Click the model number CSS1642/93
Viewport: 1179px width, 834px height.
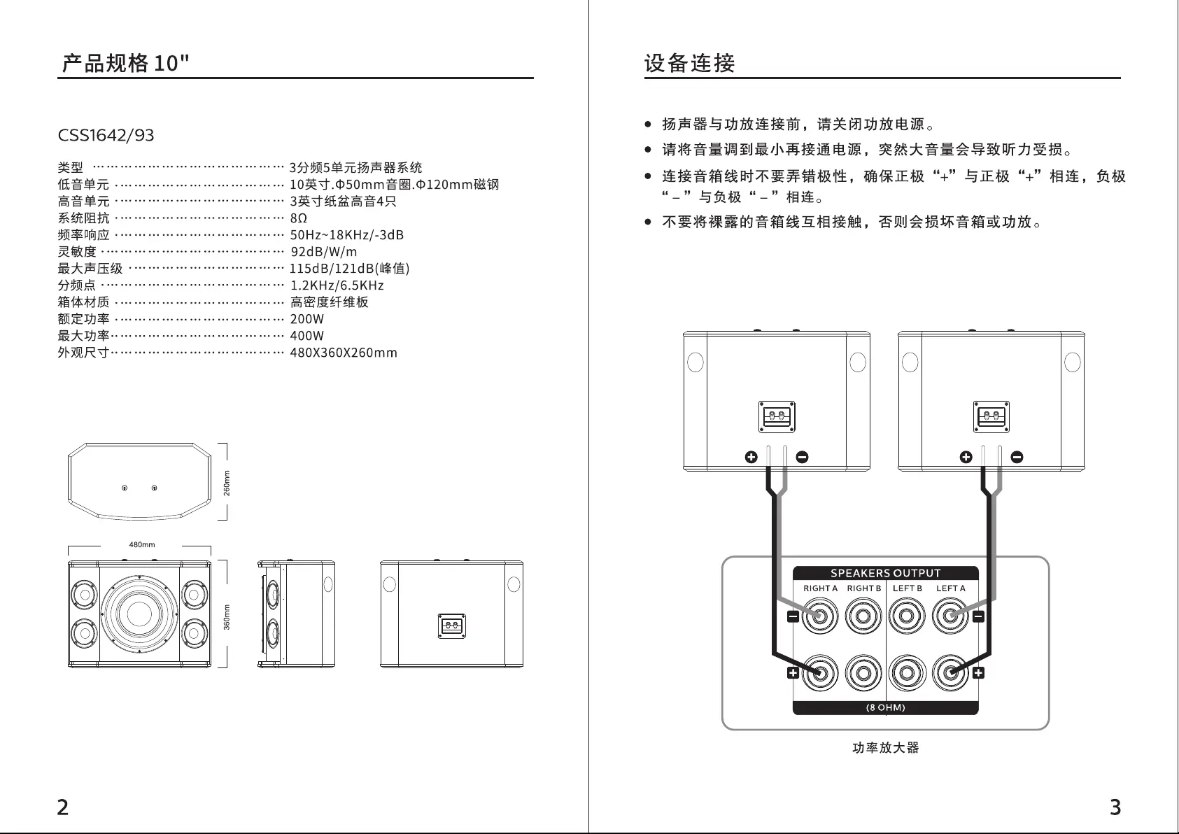tap(106, 135)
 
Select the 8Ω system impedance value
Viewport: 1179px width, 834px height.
tap(299, 218)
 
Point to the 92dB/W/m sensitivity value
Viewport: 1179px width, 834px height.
tap(324, 252)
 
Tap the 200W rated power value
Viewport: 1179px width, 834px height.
tap(307, 319)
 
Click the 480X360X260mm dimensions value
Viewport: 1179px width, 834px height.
tap(344, 353)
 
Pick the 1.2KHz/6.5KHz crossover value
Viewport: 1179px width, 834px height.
tap(337, 285)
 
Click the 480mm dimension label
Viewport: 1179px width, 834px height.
tap(142, 545)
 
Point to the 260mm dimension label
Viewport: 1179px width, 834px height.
tap(227, 483)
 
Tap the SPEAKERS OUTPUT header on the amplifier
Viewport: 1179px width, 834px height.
tap(885, 573)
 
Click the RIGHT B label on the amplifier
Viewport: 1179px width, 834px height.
tap(863, 588)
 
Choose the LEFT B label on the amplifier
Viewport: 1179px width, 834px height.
tap(908, 588)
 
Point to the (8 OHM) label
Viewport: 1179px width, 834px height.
tap(885, 707)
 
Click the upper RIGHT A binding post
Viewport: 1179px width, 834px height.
tap(819, 617)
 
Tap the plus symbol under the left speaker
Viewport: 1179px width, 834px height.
tap(751, 458)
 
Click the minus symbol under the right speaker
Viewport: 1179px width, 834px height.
tap(1017, 458)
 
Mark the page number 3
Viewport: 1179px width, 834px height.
tap(1115, 807)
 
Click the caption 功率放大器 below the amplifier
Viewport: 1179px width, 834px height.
tap(885, 748)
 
